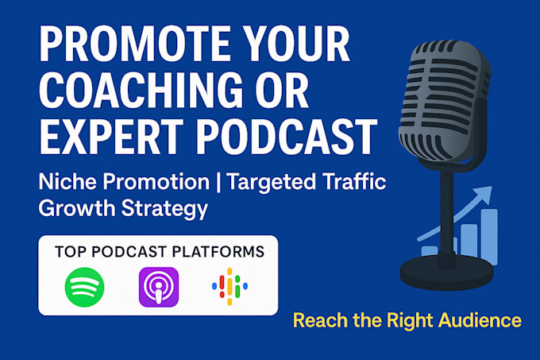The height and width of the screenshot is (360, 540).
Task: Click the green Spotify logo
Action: pos(84,287)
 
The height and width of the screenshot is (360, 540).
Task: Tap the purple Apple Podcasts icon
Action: pos(159,287)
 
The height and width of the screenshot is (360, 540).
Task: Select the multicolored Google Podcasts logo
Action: pos(229,287)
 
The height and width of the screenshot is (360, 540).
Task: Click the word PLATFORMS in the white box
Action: pos(218,252)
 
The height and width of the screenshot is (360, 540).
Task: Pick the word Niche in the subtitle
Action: pos(67,181)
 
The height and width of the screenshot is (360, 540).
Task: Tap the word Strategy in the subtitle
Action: pos(164,209)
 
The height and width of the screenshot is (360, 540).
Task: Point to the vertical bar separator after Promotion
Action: pos(218,181)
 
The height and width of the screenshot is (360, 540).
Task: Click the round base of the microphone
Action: pos(446,273)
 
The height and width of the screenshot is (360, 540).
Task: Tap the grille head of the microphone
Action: pos(445,101)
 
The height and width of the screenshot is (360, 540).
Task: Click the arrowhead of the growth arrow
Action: pos(485,192)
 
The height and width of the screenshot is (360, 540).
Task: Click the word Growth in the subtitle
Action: pos(77,209)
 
